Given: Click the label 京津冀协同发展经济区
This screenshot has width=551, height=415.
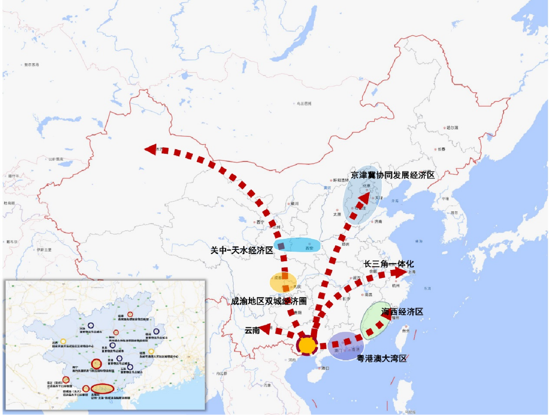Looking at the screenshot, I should (393, 175).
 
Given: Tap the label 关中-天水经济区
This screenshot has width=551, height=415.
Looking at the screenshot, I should (241, 250).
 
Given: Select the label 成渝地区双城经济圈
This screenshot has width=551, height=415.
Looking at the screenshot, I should (269, 301).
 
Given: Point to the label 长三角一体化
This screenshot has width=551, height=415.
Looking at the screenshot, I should (388, 264).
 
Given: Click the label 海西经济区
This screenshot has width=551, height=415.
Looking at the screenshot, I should (402, 311).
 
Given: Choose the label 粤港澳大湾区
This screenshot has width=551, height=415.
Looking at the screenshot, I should (381, 358).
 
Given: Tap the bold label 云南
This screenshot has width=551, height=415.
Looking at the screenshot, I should (252, 330).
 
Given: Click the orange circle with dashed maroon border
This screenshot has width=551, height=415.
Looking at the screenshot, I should (307, 345).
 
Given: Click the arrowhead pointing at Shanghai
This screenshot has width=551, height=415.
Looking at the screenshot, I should (398, 272).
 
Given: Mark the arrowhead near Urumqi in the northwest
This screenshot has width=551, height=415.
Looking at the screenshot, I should (150, 149).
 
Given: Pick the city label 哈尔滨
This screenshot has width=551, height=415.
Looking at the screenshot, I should (452, 127).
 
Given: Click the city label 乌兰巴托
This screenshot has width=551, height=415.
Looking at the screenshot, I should (304, 103).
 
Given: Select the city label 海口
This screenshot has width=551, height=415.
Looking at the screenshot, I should (325, 368).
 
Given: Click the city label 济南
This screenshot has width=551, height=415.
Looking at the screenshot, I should (378, 221).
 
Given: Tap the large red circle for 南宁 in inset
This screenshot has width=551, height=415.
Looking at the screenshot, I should (96, 363).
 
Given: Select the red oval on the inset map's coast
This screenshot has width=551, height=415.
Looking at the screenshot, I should (102, 389).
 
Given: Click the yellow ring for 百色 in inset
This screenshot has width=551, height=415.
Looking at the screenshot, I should (63, 341).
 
